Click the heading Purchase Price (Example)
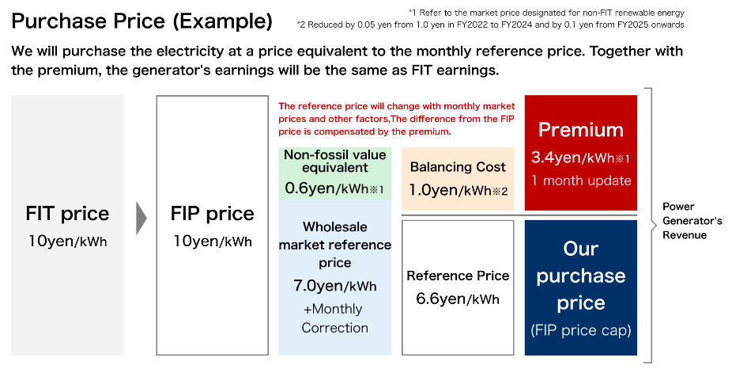[142, 21]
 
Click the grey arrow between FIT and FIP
[141, 218]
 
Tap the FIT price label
[67, 214]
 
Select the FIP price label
[213, 214]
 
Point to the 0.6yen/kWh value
[334, 188]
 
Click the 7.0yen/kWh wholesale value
[334, 285]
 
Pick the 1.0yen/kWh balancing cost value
[458, 190]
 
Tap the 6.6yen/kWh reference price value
[458, 299]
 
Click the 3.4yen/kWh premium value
[581, 158]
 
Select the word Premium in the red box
[581, 130]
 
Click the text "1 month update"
[581, 181]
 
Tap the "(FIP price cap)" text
[581, 330]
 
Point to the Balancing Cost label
[458, 167]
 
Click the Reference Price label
[458, 276]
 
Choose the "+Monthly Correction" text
[334, 318]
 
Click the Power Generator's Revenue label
[692, 221]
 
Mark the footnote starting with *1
[546, 13]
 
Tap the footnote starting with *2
[491, 25]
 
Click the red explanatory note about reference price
[397, 119]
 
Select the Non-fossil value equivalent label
[334, 161]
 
